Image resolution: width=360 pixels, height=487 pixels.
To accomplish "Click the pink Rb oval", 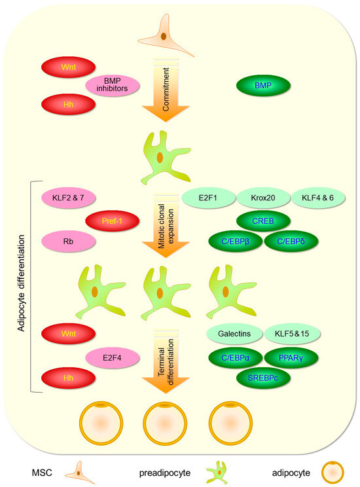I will click(x=69, y=240).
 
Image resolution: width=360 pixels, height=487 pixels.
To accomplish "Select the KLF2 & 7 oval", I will click(x=69, y=197).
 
